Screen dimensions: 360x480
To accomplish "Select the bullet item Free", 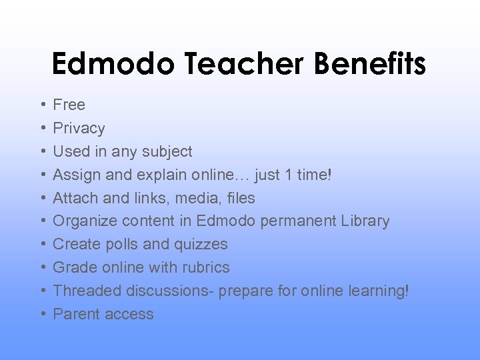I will [69, 105].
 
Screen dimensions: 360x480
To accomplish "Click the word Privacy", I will [79, 128].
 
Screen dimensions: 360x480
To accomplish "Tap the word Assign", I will [75, 175].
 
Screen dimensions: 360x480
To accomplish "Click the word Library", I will [364, 221].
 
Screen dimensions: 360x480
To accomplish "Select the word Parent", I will [75, 314].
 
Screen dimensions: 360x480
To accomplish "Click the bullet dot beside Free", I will [42, 105].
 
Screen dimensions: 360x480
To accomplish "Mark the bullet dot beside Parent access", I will [42, 314].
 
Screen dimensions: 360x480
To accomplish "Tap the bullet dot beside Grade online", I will [42, 267].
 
